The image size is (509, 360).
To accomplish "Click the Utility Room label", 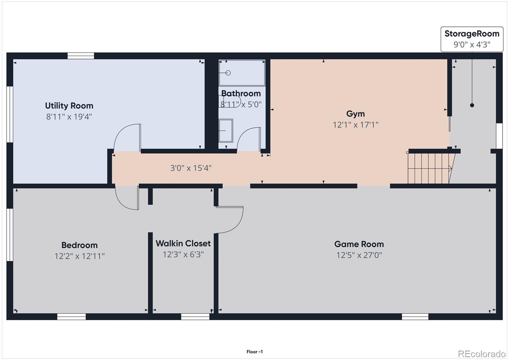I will pyautogui.click(x=69, y=106).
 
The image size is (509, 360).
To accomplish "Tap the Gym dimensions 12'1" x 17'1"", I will pyautogui.click(x=355, y=125).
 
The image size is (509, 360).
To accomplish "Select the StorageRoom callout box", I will pyautogui.click(x=472, y=39).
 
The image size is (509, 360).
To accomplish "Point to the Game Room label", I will pyautogui.click(x=359, y=244).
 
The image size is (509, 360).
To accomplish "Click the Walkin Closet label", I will pyautogui.click(x=183, y=244).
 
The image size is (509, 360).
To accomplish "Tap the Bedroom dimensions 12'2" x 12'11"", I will pyautogui.click(x=79, y=256).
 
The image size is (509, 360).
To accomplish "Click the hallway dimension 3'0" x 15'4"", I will pyautogui.click(x=191, y=168).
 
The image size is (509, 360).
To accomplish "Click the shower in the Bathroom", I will pyautogui.click(x=242, y=73).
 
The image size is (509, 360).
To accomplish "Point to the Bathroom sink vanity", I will pyautogui.click(x=226, y=131).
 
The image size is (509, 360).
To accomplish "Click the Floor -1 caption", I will pyautogui.click(x=254, y=352).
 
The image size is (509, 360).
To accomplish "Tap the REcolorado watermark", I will pyautogui.click(x=481, y=354).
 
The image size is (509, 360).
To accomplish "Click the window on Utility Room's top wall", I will pyautogui.click(x=81, y=56).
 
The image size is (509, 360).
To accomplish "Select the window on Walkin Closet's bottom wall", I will pyautogui.click(x=195, y=317).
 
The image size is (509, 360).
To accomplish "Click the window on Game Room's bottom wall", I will pyautogui.click(x=415, y=317).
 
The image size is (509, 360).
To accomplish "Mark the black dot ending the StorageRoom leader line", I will pyautogui.click(x=472, y=105).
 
